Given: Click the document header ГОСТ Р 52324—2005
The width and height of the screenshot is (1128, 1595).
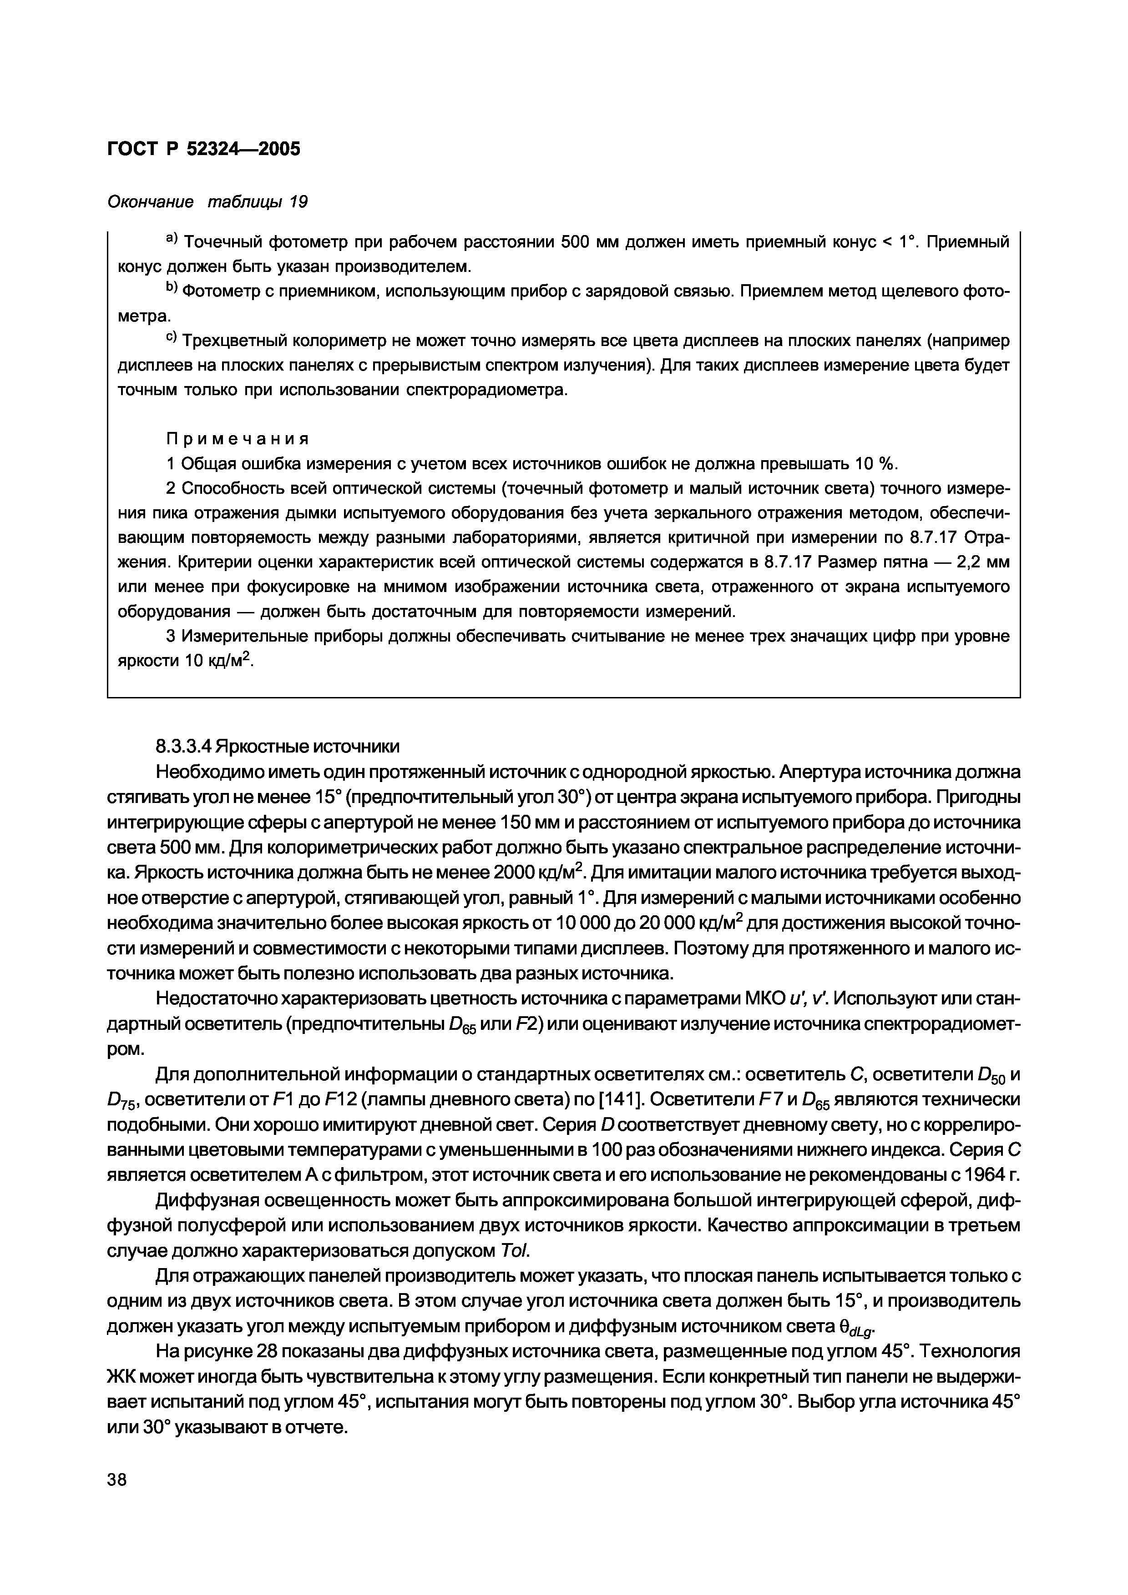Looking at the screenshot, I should [x=204, y=149].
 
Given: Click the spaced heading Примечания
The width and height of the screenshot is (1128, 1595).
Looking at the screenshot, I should [x=236, y=439].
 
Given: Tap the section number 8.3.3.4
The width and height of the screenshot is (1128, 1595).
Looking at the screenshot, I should [x=183, y=747].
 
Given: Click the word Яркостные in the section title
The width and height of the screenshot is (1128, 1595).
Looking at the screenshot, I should [x=261, y=747].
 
